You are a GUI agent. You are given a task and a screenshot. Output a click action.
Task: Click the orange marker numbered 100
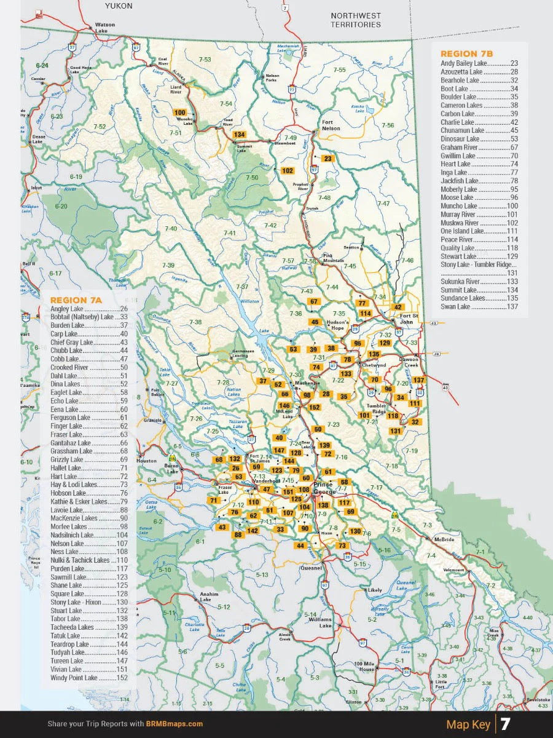coord(180,113)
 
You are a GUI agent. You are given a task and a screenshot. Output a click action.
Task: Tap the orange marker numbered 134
coord(239,135)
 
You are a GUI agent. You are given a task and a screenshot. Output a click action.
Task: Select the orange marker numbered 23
coord(327,158)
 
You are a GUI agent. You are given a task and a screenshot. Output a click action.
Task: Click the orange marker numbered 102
coord(287,170)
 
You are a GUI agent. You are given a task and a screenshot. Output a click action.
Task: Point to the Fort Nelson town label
coord(331,125)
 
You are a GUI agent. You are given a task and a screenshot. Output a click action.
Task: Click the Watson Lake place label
coord(105,28)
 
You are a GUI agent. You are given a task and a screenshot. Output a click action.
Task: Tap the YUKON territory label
coord(119,6)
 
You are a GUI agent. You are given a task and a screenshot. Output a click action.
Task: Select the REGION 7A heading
coord(76,300)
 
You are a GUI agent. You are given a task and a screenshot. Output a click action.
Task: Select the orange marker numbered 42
coord(398,307)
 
